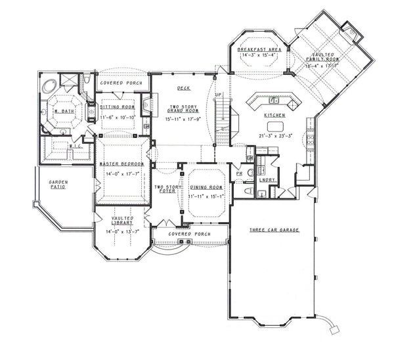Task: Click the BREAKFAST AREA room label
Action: [x=259, y=49]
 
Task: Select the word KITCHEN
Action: [x=274, y=115]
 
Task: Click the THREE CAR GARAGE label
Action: [x=274, y=230]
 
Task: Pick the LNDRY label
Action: [x=267, y=179]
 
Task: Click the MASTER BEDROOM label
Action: [x=121, y=164]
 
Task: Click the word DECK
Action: [x=184, y=88]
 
